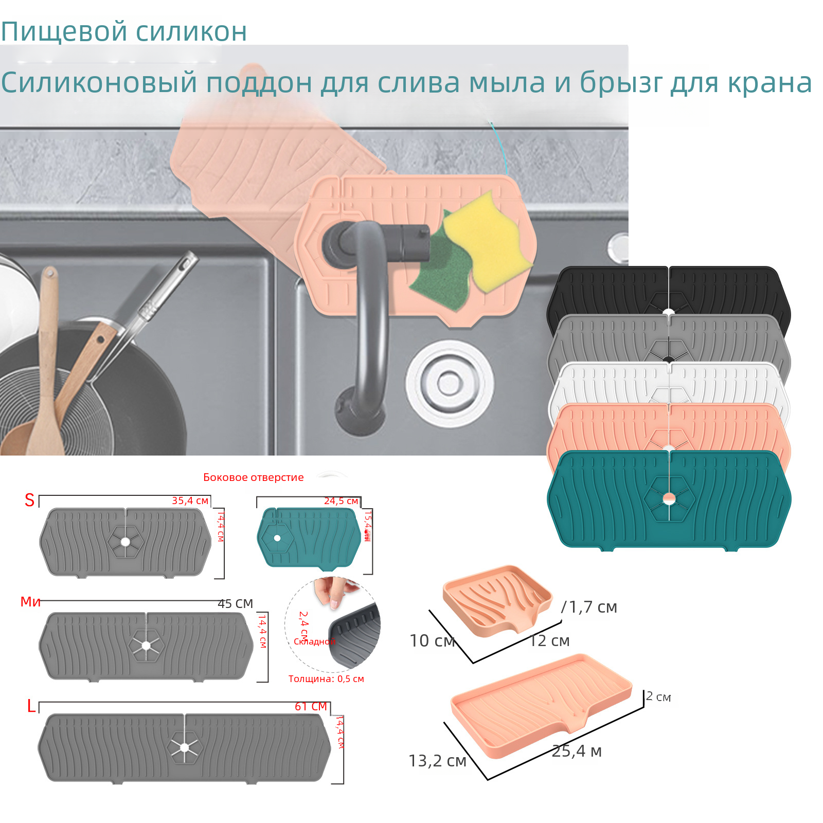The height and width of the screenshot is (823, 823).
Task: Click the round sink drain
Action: click(450, 383)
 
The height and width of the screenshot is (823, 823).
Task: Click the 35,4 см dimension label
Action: click(190, 500)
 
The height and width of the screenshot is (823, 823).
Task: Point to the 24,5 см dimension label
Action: click(341, 500)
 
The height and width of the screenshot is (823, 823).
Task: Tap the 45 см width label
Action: click(235, 603)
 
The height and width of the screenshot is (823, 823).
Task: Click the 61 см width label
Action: click(311, 706)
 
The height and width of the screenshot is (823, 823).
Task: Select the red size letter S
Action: click(29, 500)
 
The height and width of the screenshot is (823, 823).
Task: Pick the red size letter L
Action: click(31, 706)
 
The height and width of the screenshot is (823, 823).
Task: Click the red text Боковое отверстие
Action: click(253, 477)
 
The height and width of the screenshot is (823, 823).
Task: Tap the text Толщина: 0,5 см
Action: click(326, 678)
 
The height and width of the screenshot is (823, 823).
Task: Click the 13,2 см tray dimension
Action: click(437, 761)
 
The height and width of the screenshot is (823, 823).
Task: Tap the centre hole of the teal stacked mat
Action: click(669, 498)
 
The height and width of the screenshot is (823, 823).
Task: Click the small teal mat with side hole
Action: click(309, 538)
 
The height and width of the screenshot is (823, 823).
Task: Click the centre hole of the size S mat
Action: click(126, 542)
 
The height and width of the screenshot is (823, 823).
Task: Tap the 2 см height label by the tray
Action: click(658, 697)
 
